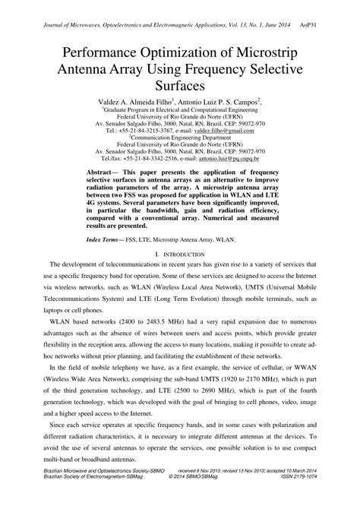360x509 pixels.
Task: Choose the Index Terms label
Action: (x=106, y=239)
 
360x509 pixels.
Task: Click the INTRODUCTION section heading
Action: (x=182, y=253)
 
